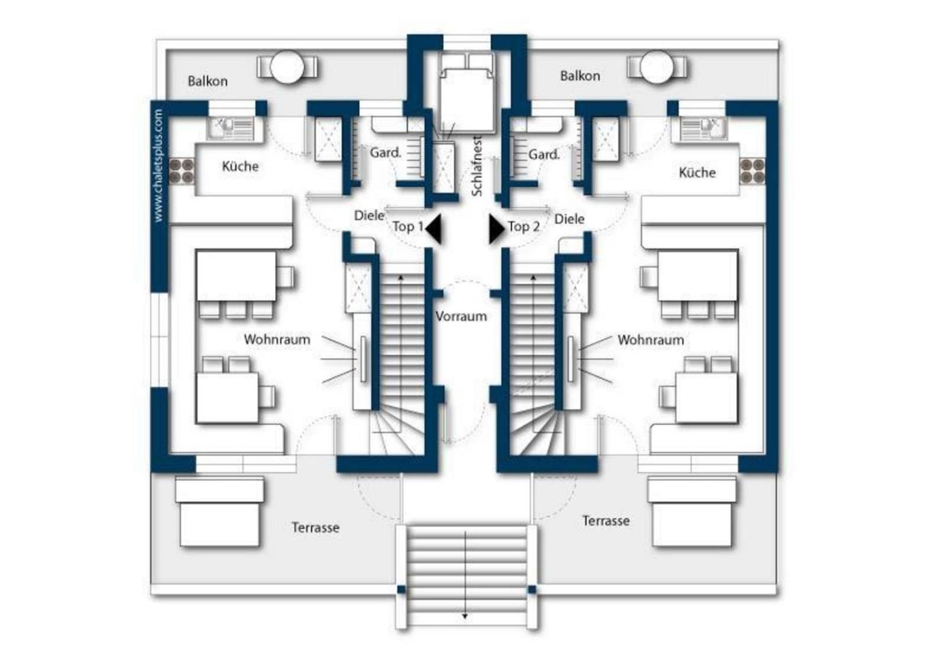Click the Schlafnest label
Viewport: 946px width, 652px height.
[477, 166]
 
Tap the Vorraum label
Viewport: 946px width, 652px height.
[461, 317]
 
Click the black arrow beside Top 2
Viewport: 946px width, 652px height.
[497, 228]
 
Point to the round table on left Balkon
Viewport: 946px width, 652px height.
[287, 67]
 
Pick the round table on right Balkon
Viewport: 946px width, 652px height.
[657, 67]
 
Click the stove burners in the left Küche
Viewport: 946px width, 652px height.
[182, 171]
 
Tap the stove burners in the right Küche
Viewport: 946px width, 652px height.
[752, 171]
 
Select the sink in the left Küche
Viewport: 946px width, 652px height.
[231, 128]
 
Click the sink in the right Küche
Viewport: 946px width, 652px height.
[703, 128]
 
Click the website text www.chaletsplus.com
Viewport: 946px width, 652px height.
[158, 165]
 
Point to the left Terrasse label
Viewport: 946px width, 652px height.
[316, 527]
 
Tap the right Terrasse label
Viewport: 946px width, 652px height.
[606, 521]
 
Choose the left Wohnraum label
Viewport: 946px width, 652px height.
[277, 339]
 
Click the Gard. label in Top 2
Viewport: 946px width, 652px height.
[544, 154]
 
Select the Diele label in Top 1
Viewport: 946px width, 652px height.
[369, 215]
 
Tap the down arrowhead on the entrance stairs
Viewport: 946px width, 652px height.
[465, 617]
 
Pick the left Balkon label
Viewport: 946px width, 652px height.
[208, 81]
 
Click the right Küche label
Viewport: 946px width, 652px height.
[697, 172]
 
